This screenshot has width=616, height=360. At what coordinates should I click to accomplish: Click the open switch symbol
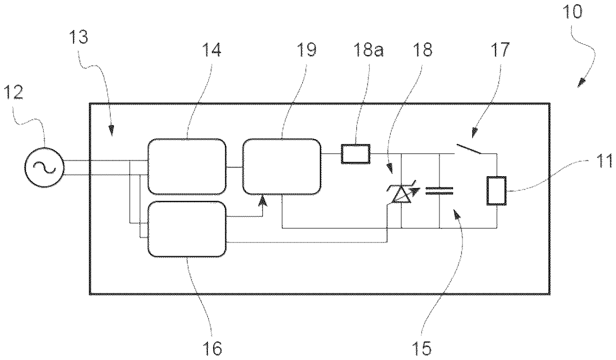469,149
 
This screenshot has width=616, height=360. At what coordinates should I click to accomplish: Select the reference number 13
79,37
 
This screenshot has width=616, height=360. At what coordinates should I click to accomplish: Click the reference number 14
211,50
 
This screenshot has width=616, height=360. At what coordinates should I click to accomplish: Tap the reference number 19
306,50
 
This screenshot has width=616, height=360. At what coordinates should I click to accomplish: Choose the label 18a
369,50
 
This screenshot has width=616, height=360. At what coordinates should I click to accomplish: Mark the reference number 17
500,50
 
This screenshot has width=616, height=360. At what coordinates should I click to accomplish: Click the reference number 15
422,349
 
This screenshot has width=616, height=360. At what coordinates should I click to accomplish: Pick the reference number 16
212,349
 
